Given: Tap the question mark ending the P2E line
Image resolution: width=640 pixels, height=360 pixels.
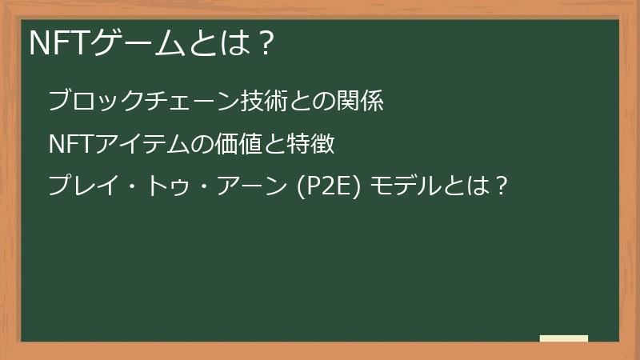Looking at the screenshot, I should [x=499, y=188].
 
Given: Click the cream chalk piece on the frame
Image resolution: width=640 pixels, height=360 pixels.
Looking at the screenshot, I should [x=564, y=338].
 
